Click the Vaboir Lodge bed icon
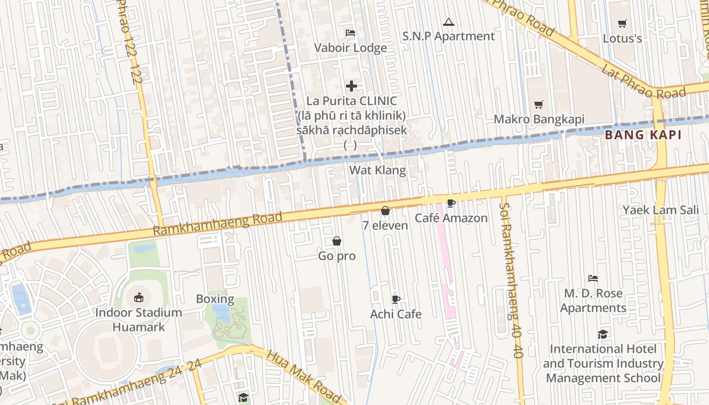point(350,33)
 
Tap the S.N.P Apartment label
point(448,36)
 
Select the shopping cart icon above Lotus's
point(622,23)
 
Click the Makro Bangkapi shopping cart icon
point(539,104)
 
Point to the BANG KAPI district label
point(643,135)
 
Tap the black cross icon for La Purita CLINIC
point(351,86)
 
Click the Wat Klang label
point(377,170)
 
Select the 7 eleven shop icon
point(385,211)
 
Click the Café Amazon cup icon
point(451,204)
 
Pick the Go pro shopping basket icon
point(337,241)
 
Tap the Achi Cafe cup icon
point(396,300)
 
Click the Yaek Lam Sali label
point(660,210)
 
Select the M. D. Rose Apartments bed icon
point(593,278)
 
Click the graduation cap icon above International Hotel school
point(603,334)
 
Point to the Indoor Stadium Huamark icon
point(139,297)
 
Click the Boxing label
point(215,299)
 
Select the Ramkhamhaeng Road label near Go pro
point(217,224)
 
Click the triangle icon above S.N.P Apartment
point(448,22)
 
